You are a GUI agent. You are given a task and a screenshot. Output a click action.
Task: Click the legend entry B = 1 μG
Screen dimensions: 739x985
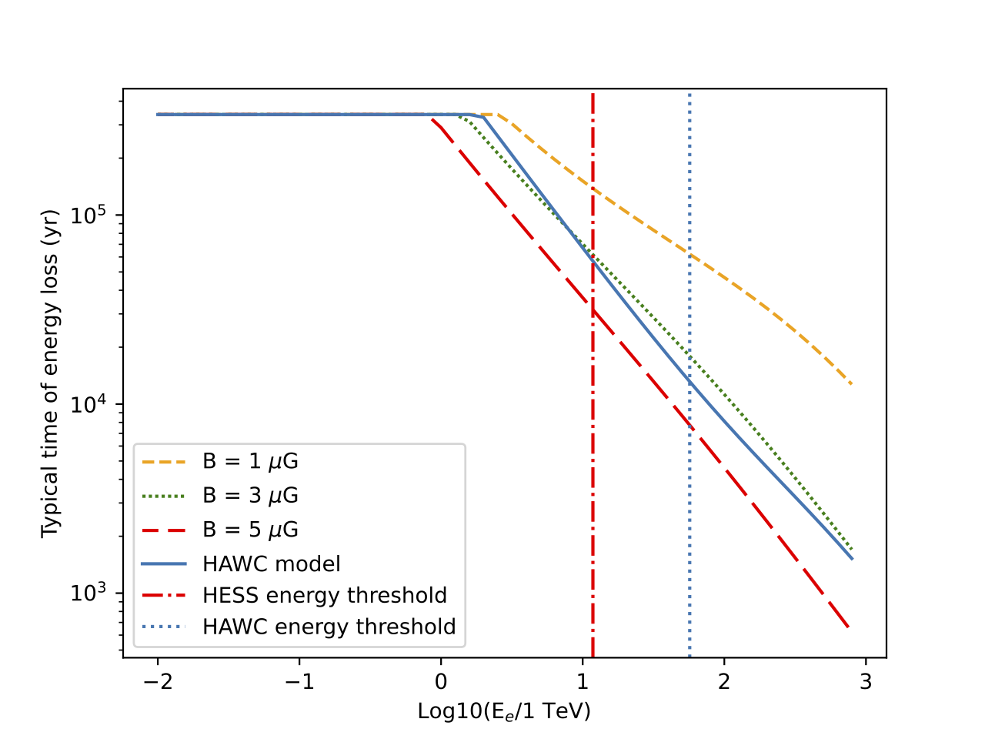[250, 462]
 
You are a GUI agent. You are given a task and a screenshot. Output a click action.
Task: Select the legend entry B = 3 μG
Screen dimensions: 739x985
[250, 496]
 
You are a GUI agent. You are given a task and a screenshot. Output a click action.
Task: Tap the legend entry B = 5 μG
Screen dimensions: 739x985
[250, 530]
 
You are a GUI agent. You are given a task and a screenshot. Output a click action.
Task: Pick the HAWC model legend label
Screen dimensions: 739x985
[271, 564]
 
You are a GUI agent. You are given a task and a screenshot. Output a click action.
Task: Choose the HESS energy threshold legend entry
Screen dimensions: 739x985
[324, 596]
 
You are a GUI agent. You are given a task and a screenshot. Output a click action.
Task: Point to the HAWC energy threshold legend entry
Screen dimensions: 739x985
[329, 627]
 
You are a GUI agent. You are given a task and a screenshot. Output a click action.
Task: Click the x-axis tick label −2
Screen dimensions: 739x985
[158, 681]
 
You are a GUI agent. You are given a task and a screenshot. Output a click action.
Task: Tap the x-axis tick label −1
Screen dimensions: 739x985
[299, 681]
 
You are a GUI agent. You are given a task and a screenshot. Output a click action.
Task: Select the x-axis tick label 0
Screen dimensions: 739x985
[441, 681]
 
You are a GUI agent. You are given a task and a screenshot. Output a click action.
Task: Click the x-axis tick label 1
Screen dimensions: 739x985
[583, 681]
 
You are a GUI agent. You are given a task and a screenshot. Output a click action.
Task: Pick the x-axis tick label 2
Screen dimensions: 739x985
[724, 681]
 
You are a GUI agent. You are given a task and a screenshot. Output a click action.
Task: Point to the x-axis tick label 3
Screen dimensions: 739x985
[866, 681]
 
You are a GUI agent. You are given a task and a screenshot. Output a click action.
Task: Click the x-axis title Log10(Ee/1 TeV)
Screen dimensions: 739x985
[504, 711]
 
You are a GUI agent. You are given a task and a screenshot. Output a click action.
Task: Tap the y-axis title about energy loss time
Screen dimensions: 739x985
[51, 373]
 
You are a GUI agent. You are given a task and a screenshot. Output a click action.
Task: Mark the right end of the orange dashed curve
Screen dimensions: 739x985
[852, 384]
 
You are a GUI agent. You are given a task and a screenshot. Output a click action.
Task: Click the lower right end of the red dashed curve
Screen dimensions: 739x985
[849, 628]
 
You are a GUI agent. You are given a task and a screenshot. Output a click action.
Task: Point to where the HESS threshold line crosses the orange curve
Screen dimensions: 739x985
[593, 188]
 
